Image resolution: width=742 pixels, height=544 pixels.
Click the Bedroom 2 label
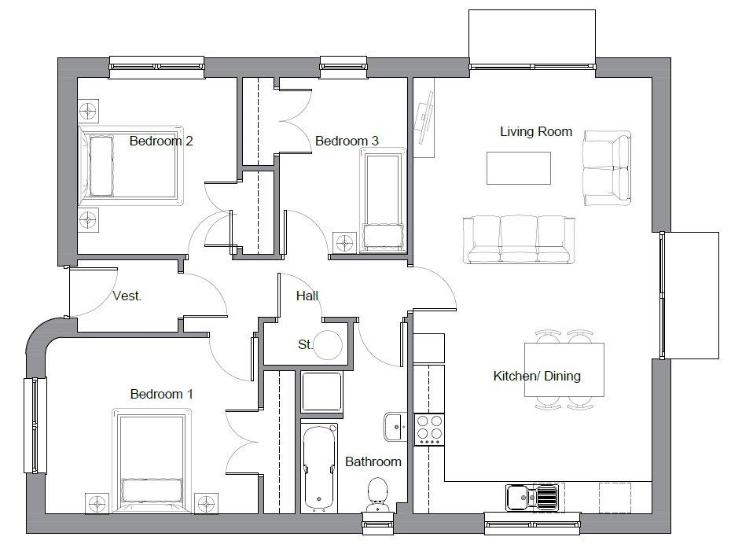click(161, 141)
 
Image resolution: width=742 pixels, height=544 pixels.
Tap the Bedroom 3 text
click(347, 141)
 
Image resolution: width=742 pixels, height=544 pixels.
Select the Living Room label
click(536, 131)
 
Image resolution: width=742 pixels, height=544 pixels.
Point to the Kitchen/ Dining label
click(537, 376)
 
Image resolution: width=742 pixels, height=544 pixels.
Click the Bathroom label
click(373, 461)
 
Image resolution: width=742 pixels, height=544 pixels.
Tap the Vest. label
click(127, 296)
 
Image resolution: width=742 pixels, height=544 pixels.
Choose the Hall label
click(307, 296)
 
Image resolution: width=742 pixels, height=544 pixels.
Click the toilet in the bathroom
click(377, 494)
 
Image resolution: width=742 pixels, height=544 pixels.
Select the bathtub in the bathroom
click(319, 468)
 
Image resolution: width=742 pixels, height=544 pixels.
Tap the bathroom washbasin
click(395, 427)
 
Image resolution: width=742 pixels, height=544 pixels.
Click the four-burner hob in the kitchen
click(429, 429)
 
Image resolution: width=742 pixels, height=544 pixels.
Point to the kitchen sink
click(532, 497)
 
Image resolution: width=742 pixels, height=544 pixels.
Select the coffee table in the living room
click(519, 168)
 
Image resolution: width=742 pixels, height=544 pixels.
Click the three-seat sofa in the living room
click(519, 240)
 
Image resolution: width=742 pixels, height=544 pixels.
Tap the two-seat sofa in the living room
click(607, 168)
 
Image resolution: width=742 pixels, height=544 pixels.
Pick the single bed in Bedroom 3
click(384, 200)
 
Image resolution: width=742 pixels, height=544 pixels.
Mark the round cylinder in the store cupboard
click(328, 345)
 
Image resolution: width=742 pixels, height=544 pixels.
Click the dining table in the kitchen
click(564, 369)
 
